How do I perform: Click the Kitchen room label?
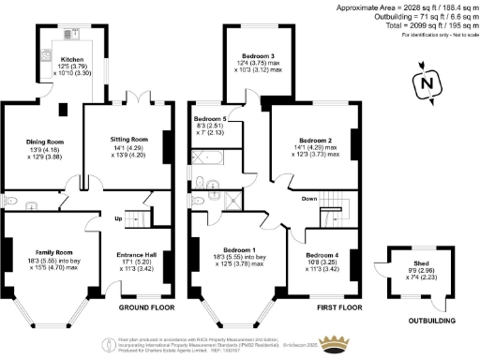coord(70,59)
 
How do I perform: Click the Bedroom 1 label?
coord(233,250)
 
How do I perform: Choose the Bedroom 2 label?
coord(314,139)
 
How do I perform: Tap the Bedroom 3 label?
coord(256,56)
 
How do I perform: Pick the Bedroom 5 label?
coord(211,119)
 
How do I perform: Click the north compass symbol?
coord(427,84)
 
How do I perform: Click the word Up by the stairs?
coord(118,220)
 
